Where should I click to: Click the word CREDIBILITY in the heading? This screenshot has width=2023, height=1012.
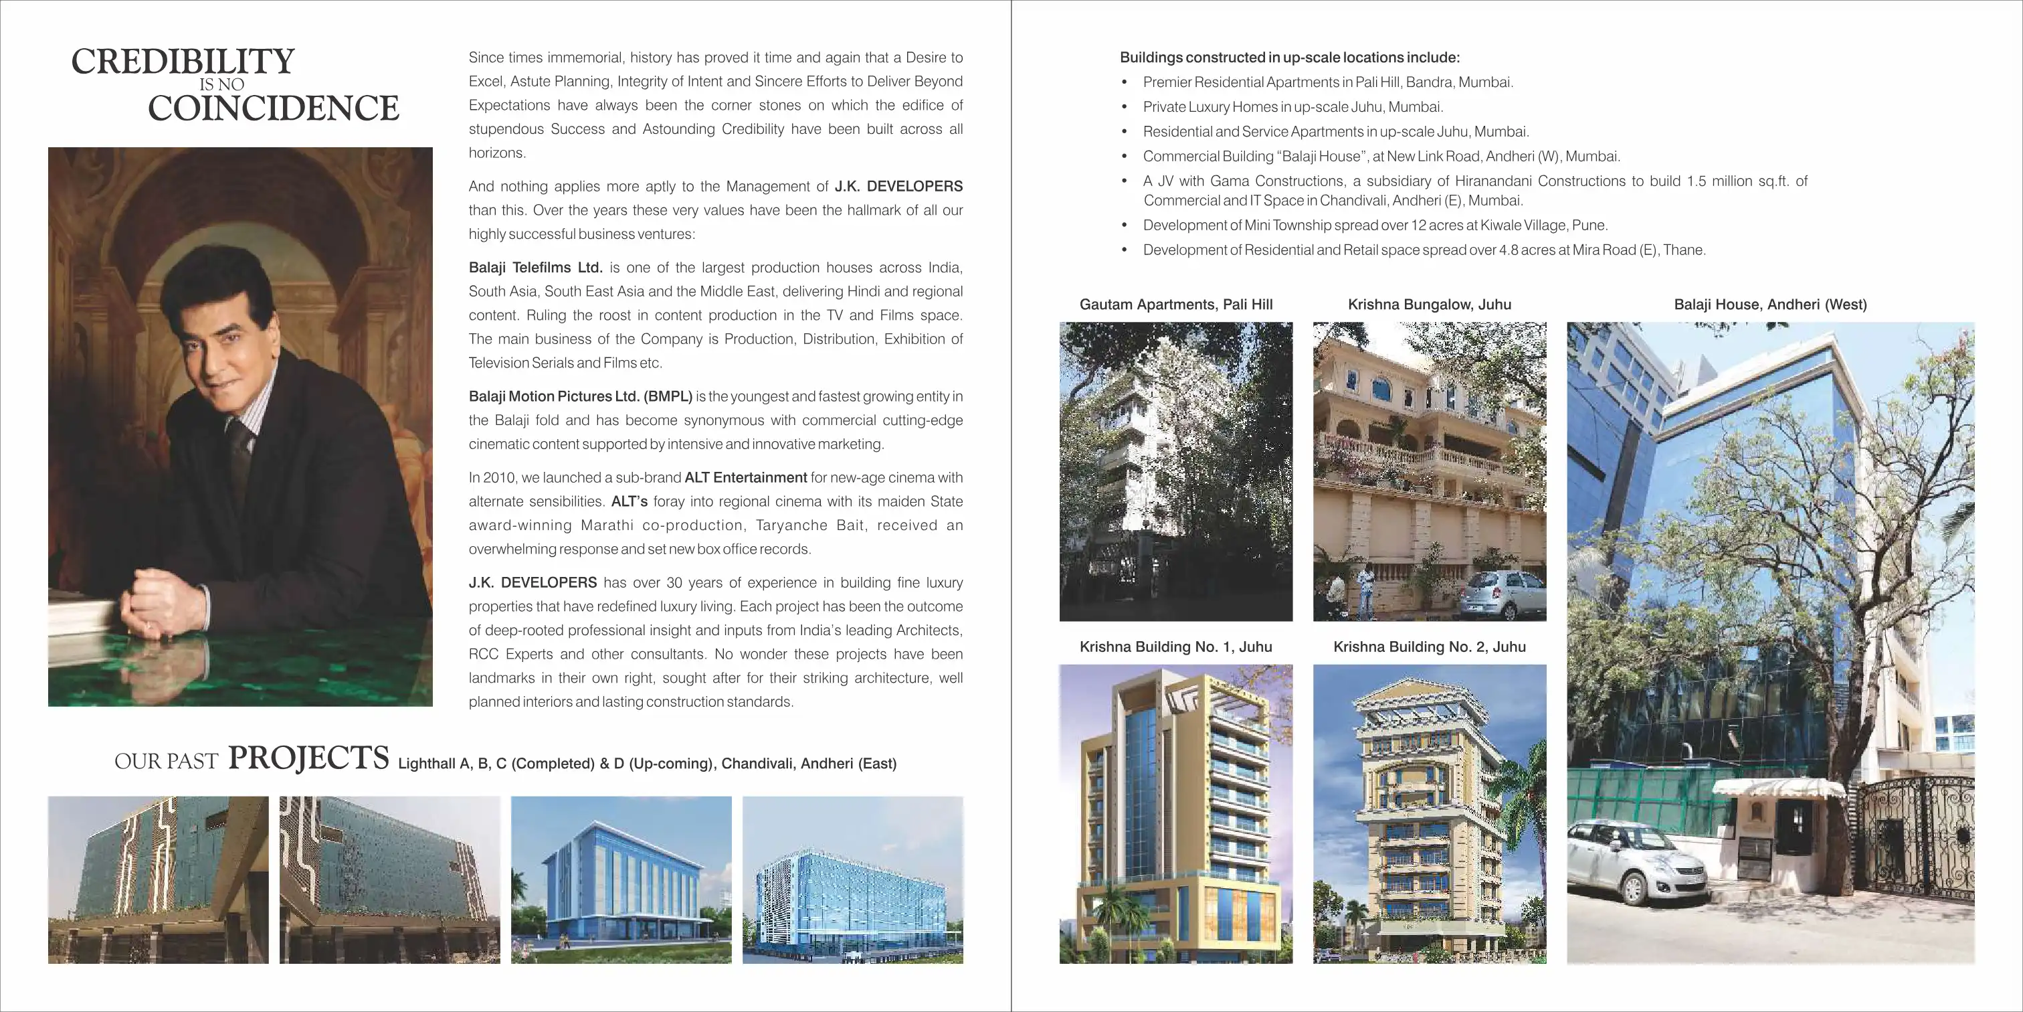click(x=183, y=62)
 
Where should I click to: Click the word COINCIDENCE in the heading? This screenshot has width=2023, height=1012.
click(x=274, y=108)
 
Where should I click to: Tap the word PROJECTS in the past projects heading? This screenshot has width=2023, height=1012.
click(x=308, y=758)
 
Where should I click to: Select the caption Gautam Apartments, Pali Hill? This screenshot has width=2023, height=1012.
click(x=1175, y=305)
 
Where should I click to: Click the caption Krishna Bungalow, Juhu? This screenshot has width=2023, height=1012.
click(x=1430, y=305)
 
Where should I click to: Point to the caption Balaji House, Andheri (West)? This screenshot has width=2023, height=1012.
click(x=1770, y=305)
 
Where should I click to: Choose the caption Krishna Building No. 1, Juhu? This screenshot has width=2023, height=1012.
click(x=1175, y=647)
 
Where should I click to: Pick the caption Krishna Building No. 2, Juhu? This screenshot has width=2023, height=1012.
click(x=1430, y=647)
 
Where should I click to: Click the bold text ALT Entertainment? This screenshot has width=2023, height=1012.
click(x=745, y=478)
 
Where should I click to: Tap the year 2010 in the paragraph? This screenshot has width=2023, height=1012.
click(x=498, y=478)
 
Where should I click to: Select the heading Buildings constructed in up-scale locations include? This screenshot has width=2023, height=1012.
click(x=1290, y=58)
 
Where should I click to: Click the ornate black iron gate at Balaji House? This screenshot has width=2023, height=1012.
click(x=1916, y=841)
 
